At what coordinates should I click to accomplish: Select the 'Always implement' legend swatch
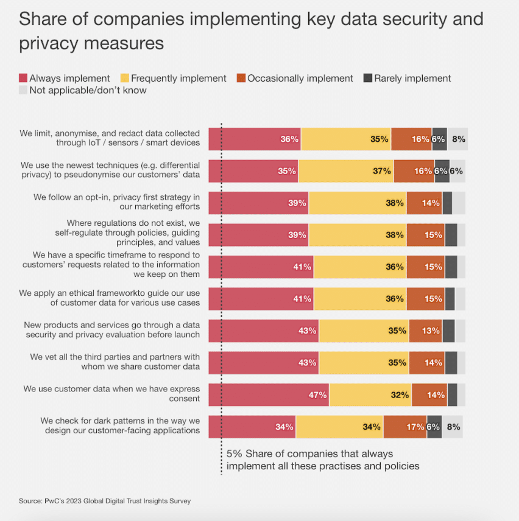(23, 79)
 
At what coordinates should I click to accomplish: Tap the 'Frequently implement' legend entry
(174, 79)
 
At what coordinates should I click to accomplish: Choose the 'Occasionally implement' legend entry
(295, 79)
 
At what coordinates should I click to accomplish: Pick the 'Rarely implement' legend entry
(407, 79)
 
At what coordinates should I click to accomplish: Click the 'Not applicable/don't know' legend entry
(82, 90)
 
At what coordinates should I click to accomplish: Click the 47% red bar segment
(269, 395)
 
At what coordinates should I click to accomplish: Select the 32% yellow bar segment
(370, 395)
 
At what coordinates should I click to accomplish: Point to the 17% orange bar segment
(405, 427)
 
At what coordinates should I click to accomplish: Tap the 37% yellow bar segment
(345, 171)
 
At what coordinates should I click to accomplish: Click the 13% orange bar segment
(425, 330)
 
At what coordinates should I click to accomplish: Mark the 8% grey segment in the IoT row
(457, 139)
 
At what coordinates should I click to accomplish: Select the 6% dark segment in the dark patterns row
(434, 427)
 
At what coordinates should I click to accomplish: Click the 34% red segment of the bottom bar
(252, 427)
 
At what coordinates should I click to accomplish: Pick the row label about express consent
(111, 394)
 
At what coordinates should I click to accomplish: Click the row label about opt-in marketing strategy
(116, 202)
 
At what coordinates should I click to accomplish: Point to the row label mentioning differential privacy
(110, 170)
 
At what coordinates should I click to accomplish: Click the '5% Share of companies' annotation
(323, 460)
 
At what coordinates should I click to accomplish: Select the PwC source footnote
(105, 501)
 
